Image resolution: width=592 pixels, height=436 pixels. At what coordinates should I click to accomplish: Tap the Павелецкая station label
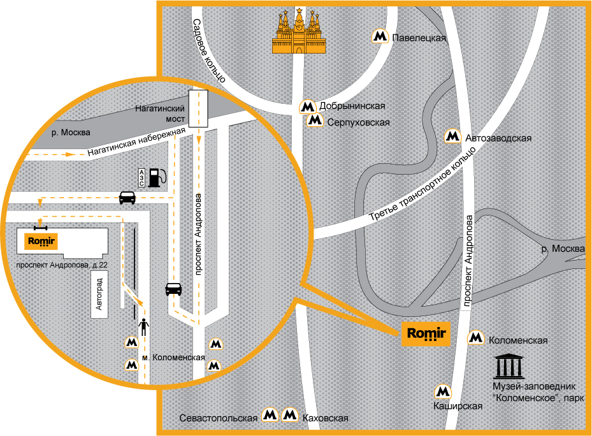419,38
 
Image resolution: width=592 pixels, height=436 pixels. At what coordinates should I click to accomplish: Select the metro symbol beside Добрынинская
308,106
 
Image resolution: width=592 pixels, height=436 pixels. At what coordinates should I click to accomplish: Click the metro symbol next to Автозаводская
452,136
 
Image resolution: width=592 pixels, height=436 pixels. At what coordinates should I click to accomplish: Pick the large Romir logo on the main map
425,333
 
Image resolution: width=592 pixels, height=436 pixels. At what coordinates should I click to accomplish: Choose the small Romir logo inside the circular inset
40,242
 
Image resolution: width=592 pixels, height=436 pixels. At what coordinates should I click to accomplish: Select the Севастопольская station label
218,418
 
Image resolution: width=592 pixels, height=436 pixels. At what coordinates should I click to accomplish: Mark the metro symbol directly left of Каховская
291,416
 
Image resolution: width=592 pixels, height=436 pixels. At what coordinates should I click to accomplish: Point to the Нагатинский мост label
159,114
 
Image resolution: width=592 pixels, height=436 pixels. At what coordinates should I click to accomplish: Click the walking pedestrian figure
145,326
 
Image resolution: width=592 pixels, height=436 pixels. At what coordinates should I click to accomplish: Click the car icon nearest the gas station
127,198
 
